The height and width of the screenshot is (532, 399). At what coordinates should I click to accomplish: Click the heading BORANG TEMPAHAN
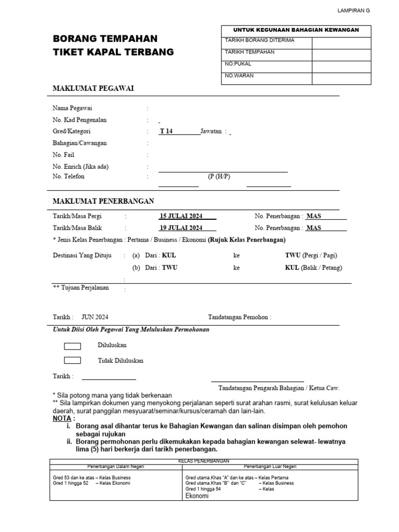point(105,39)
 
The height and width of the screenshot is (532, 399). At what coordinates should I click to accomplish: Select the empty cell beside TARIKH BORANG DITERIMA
point(341,43)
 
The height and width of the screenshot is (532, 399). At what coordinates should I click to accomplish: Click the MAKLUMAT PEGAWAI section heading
point(94,88)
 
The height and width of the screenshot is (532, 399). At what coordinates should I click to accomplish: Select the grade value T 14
point(166,131)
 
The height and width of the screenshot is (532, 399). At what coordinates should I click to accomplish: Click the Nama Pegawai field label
point(72,108)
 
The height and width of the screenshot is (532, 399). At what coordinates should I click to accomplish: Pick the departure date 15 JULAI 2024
point(181,216)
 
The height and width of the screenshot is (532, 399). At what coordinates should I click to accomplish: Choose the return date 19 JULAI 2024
point(181,228)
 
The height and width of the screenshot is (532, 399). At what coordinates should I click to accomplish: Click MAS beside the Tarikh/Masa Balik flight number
point(314,228)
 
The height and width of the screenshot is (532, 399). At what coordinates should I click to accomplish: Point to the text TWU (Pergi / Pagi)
point(311,256)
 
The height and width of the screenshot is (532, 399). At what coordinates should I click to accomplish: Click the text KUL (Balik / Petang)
point(313,268)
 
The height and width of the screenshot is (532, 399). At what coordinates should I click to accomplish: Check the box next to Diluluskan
point(72,346)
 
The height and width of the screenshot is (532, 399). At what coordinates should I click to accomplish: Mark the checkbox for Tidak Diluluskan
point(72,361)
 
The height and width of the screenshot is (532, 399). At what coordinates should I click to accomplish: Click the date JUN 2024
point(95,317)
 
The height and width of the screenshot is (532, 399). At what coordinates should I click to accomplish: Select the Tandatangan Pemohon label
point(239,317)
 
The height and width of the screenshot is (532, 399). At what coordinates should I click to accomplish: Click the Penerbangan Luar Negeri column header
point(270,467)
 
